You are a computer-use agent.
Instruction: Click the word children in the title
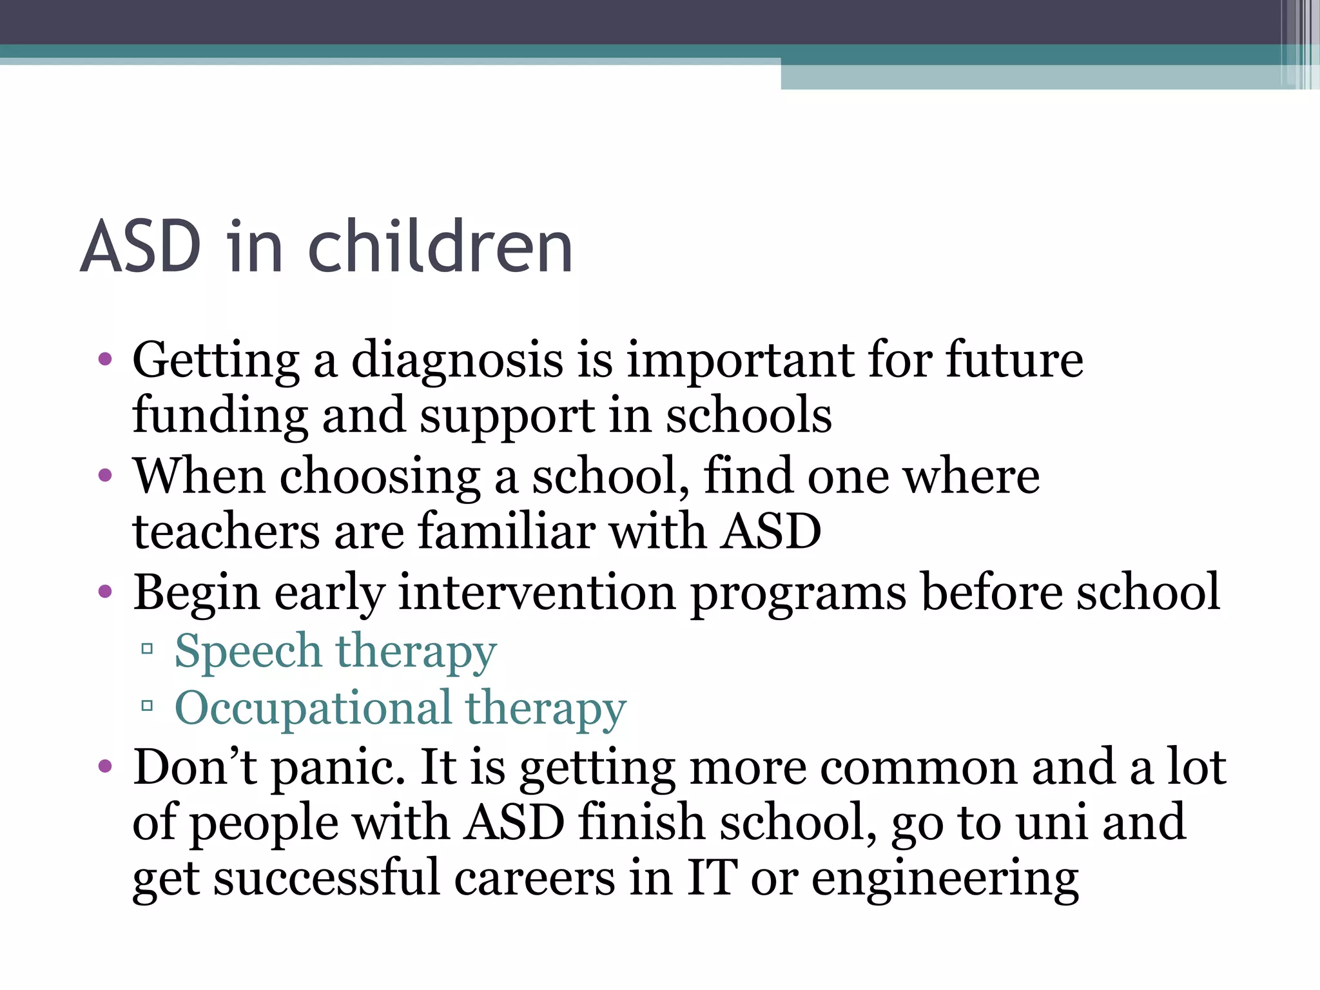440,246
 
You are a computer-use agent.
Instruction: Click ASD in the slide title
141,246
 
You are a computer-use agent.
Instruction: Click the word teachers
226,532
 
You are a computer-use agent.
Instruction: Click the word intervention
536,593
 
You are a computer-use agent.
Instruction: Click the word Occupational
313,708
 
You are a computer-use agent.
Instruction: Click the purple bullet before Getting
105,359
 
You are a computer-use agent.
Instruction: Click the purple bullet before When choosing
105,476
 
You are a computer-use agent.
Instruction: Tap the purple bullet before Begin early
105,592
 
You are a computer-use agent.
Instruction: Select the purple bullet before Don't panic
105,767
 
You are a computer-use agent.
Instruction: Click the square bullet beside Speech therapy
147,648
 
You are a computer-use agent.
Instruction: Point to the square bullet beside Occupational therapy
147,706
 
